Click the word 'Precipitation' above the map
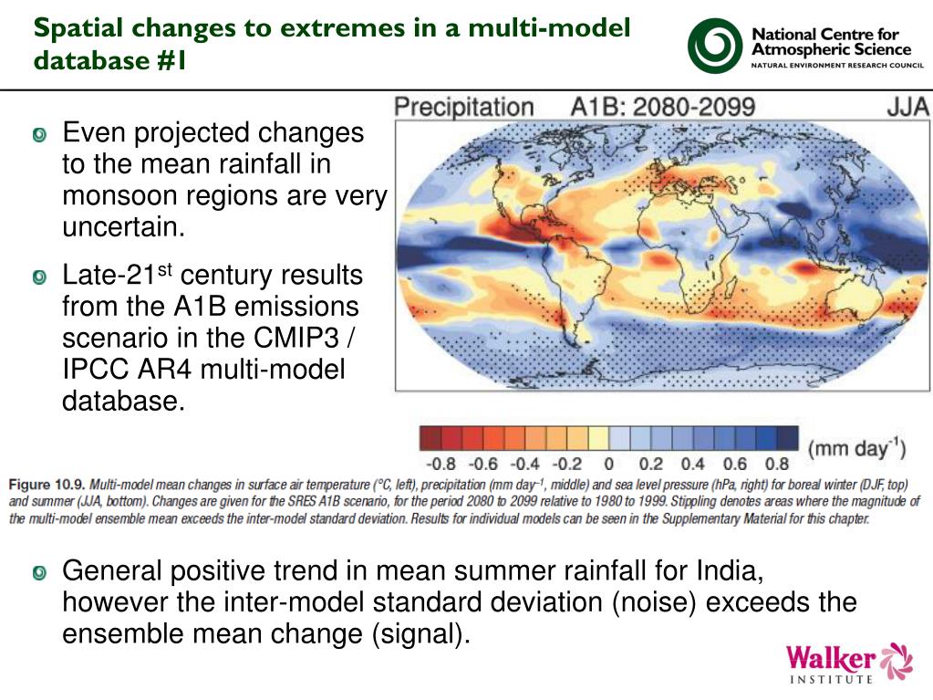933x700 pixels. tap(463, 108)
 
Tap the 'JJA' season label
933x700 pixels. tap(908, 108)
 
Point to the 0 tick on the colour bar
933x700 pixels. tap(608, 465)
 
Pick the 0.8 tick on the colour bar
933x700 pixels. tap(777, 465)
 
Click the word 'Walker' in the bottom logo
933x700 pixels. tap(830, 657)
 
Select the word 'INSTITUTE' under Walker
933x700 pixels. tap(830, 679)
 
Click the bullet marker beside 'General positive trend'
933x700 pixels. tap(38, 574)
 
